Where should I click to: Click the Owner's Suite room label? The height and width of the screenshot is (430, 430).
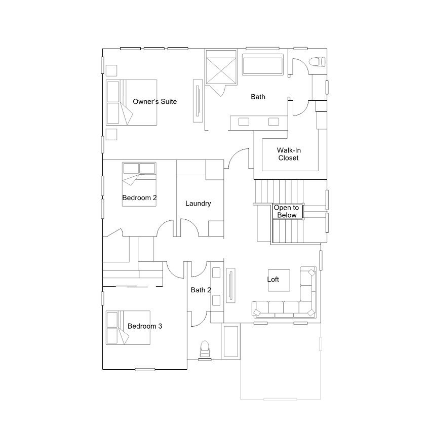(x=154, y=101)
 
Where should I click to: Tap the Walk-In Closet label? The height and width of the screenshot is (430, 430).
(x=289, y=154)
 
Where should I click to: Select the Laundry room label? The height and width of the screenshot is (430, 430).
(x=198, y=204)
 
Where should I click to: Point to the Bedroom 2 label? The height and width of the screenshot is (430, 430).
(x=139, y=198)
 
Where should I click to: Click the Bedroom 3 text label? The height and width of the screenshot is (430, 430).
(x=145, y=326)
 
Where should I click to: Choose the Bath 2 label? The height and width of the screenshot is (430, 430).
(x=201, y=290)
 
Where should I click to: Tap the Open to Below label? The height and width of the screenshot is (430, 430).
(x=287, y=211)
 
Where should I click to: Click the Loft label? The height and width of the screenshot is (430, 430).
(x=273, y=279)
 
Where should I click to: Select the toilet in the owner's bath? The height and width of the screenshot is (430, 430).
(x=317, y=61)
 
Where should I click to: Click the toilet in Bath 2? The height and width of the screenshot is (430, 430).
(x=205, y=349)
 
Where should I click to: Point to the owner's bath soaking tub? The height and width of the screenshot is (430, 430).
(x=263, y=64)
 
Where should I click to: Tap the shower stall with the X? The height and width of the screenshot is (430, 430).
(x=221, y=67)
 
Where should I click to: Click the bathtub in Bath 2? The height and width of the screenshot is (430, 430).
(x=230, y=341)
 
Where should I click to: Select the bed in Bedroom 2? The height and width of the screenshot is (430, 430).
(x=139, y=184)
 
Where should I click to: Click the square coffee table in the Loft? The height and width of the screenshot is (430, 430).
(x=279, y=281)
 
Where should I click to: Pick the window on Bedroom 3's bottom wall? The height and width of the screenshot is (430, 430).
(x=145, y=370)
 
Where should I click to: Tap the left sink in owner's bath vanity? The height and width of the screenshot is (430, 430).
(x=244, y=122)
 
